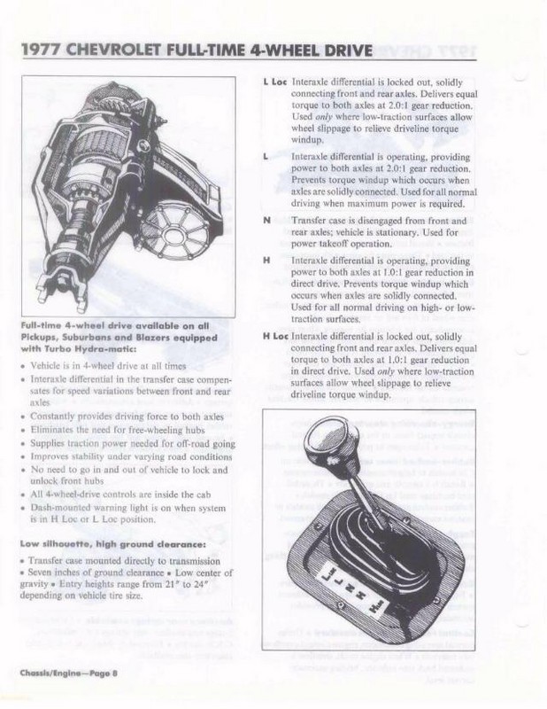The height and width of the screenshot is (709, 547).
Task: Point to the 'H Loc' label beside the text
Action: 275,337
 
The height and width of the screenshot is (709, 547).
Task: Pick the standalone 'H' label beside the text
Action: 267,261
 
